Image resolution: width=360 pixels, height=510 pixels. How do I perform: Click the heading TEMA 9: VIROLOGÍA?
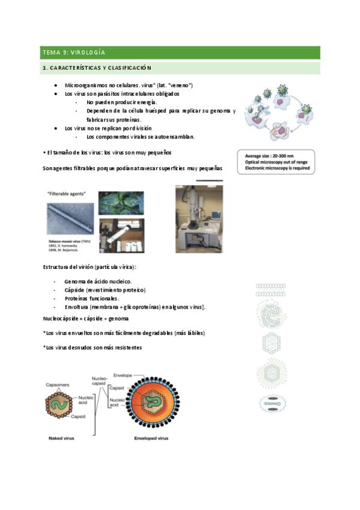70,52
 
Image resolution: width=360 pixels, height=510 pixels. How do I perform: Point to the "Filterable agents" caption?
66,194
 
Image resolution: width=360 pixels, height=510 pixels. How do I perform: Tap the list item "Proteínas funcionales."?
92,298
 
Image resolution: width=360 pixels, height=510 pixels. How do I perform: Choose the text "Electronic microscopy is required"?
277,168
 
